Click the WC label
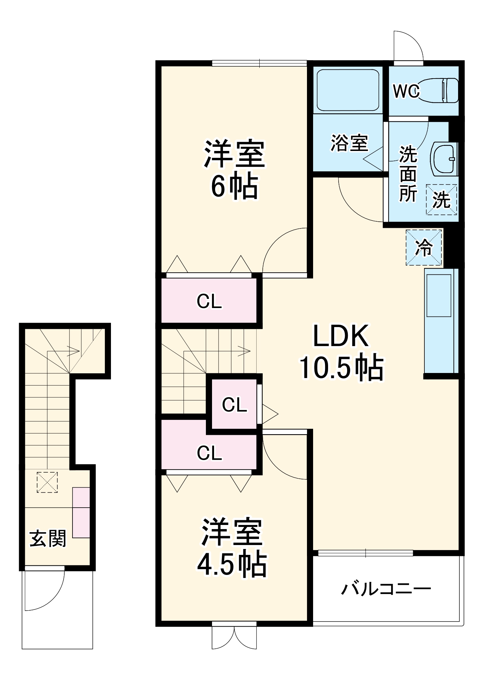[406, 91]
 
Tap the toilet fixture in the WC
[439, 90]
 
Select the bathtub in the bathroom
[347, 90]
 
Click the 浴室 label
[349, 142]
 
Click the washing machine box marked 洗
[441, 200]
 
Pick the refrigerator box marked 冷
[424, 247]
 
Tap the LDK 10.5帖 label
[341, 352]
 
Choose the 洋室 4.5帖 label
[232, 548]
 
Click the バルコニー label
[386, 589]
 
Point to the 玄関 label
[48, 539]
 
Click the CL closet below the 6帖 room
[209, 301]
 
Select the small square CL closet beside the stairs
[234, 405]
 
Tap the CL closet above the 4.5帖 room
[209, 453]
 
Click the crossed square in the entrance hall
[47, 482]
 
